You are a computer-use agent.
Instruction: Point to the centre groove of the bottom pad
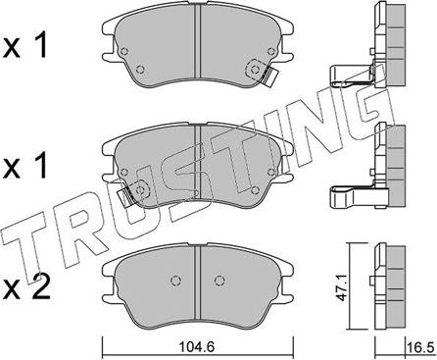[200, 275]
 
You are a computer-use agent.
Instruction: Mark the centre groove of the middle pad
[200, 167]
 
